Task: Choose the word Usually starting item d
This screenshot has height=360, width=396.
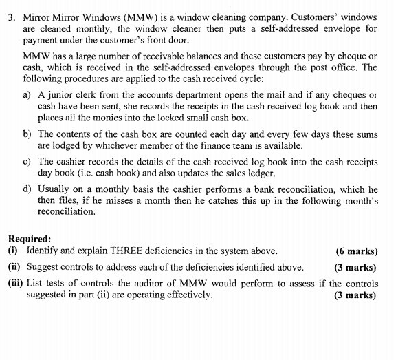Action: [55, 187]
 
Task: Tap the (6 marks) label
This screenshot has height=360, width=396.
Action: [356, 251]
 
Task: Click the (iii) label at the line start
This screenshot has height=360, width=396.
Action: [15, 283]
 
